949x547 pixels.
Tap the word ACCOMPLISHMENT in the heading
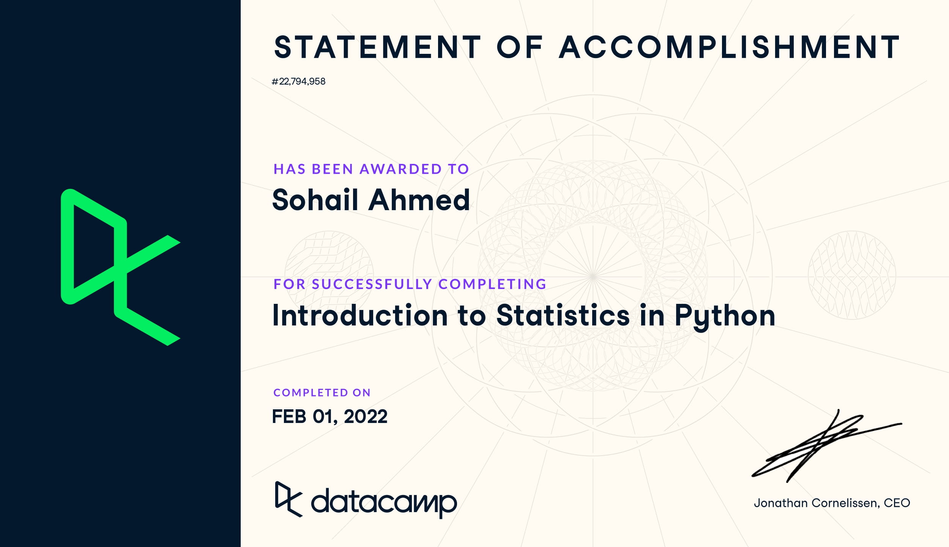pyautogui.click(x=729, y=47)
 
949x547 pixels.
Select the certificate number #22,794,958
pyautogui.click(x=299, y=82)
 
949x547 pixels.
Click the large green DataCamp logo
pyautogui.click(x=120, y=267)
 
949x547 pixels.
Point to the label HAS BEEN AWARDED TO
pyautogui.click(x=371, y=169)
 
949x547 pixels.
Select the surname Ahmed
pyautogui.click(x=419, y=200)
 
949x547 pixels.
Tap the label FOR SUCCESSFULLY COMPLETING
pyautogui.click(x=410, y=284)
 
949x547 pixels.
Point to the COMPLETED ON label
pyautogui.click(x=322, y=393)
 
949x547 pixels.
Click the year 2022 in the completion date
pyautogui.click(x=366, y=417)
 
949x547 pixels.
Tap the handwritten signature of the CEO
pyautogui.click(x=827, y=446)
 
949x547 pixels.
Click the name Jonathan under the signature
pyautogui.click(x=781, y=503)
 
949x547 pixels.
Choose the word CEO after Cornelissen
pyautogui.click(x=897, y=503)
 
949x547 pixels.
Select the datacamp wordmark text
pyautogui.click(x=384, y=503)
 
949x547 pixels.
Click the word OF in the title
pyautogui.click(x=520, y=47)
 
